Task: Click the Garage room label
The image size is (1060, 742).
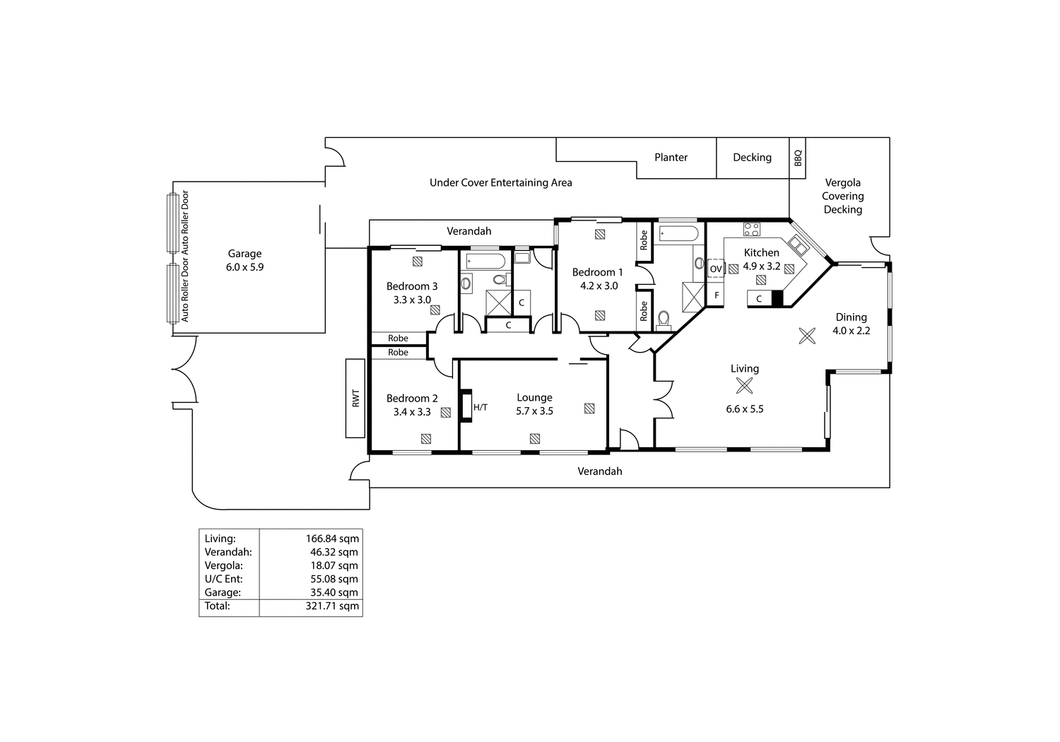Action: tap(245, 254)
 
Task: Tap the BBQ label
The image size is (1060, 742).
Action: tap(798, 157)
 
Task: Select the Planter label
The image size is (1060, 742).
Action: tap(671, 158)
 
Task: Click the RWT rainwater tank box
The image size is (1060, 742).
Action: tap(355, 398)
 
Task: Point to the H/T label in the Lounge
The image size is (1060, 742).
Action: tap(481, 407)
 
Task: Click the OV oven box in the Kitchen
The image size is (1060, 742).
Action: tap(716, 269)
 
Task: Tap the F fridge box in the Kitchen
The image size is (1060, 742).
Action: tap(716, 295)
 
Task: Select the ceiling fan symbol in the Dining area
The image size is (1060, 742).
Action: tap(807, 336)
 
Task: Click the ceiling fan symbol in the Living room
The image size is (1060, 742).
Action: tap(744, 386)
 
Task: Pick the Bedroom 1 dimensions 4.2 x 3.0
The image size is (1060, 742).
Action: tap(597, 285)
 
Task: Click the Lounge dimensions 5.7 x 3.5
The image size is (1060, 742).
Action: tap(534, 411)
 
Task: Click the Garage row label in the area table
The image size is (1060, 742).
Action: tap(223, 592)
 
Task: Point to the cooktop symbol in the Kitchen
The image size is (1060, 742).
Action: tap(751, 229)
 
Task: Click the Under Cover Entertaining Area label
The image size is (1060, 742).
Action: tap(500, 182)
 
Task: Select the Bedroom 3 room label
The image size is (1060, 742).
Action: tap(411, 286)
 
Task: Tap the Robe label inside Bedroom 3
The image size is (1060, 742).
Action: tap(398, 338)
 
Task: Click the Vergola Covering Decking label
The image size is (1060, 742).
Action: tap(842, 196)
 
